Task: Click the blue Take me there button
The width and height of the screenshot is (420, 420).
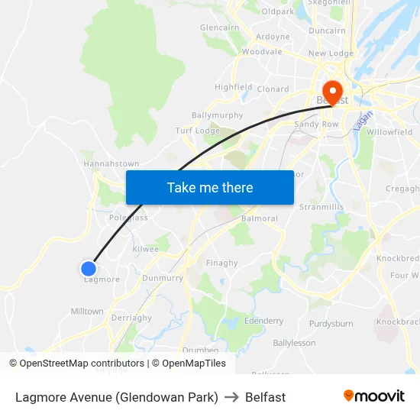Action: (x=210, y=188)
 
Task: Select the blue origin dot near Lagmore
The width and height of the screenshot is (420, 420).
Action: (x=89, y=268)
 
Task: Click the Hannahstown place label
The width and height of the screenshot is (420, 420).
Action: (x=111, y=163)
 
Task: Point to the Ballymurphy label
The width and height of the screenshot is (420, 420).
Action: (x=218, y=115)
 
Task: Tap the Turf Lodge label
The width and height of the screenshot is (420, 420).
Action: (x=198, y=131)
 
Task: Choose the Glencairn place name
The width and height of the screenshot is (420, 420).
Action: (x=220, y=27)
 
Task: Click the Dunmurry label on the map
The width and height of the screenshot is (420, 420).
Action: (x=163, y=279)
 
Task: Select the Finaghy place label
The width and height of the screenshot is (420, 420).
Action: (x=222, y=263)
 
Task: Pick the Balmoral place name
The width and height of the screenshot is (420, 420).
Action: (x=259, y=218)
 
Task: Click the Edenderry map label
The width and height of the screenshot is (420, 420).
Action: (x=263, y=321)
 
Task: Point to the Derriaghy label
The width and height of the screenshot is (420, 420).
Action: (x=131, y=318)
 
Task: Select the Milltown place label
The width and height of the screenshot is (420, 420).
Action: (x=87, y=312)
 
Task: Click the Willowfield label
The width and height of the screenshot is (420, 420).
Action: (x=389, y=132)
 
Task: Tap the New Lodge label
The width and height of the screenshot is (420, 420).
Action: (x=331, y=53)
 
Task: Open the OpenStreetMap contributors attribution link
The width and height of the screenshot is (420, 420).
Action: (x=82, y=363)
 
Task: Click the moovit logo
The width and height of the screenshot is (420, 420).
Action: (x=373, y=396)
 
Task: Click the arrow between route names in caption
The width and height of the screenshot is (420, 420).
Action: (x=231, y=397)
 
